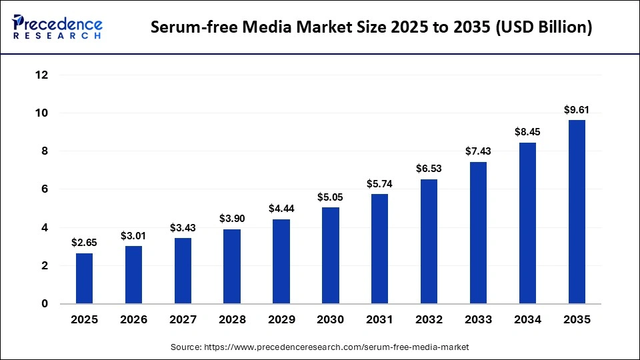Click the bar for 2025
[85, 278]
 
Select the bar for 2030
[331, 255]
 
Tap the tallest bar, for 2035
[577, 212]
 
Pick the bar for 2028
[232, 266]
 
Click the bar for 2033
[478, 233]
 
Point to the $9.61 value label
[577, 110]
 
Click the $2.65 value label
[85, 243]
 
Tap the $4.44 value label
[281, 209]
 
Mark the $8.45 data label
[527, 132]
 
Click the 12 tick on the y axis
[41, 75]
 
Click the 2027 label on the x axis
[183, 320]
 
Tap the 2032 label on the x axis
[429, 320]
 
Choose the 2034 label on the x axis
[527, 320]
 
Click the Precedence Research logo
[57, 27]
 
